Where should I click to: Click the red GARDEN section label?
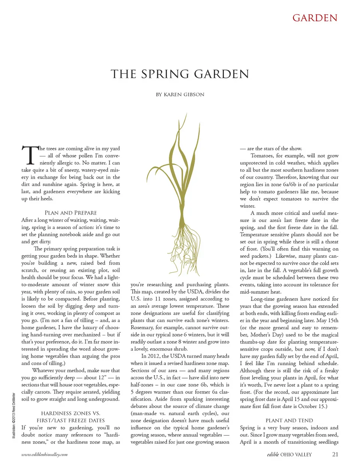pos(315,18)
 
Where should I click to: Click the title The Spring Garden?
pos(180,74)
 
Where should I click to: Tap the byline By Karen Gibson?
pos(180,95)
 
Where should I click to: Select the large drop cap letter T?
pos(29,155)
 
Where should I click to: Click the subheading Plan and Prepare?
pos(70,213)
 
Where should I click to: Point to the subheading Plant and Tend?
pos(289,420)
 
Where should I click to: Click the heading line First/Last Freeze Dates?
pos(70,420)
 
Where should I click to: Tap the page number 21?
pos(335,454)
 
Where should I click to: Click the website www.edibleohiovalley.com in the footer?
pos(44,455)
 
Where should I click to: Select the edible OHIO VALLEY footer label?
pos(289,455)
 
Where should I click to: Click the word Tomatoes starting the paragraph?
pos(262,156)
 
